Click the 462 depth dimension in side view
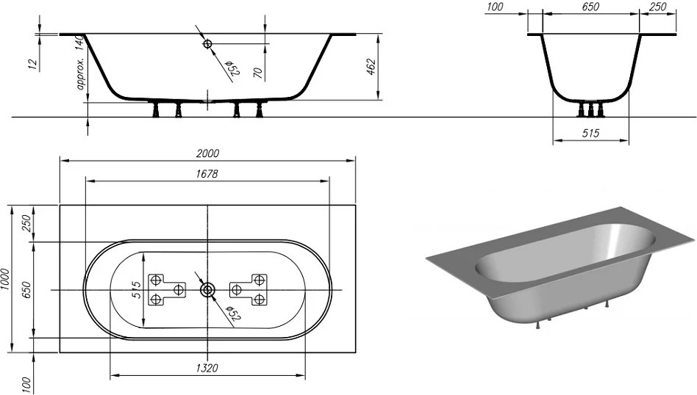pyautogui.click(x=371, y=67)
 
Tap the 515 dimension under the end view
pyautogui.click(x=590, y=134)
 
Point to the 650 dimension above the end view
pyautogui.click(x=590, y=7)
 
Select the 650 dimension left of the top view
pyautogui.click(x=27, y=289)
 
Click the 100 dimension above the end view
pyautogui.click(x=495, y=7)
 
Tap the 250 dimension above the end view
pyautogui.click(x=658, y=7)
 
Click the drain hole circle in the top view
pyautogui.click(x=208, y=290)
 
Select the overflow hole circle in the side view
pyautogui.click(x=208, y=45)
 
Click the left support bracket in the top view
pyautogui.click(x=166, y=289)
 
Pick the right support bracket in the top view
pyautogui.click(x=249, y=289)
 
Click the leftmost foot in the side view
pyautogui.click(x=156, y=110)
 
